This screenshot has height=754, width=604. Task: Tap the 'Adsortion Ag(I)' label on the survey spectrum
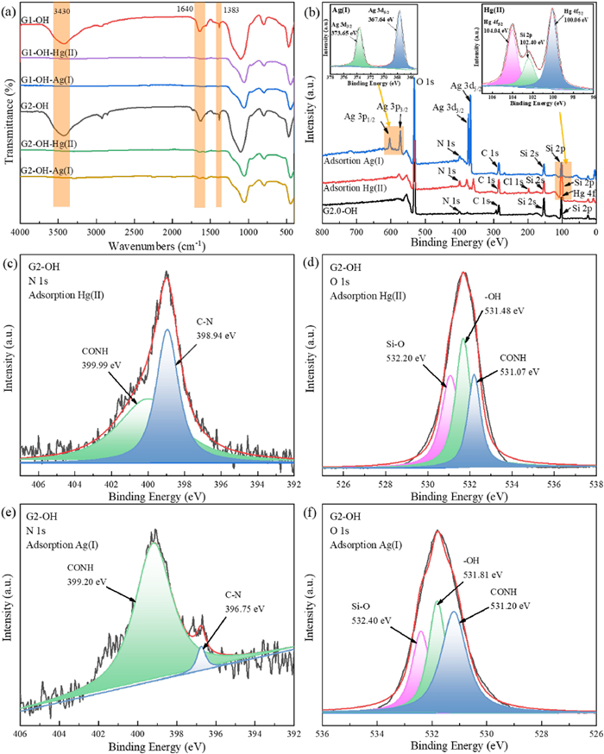click(351, 160)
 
